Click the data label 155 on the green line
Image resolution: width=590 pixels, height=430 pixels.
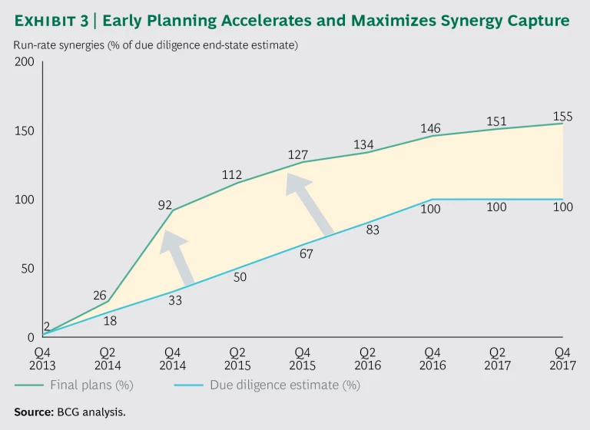coord(563,116)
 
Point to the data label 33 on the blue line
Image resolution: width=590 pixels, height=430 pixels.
coord(175,301)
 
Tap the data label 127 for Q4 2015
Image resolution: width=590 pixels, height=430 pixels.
coord(298,154)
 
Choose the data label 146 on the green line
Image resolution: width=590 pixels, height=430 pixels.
coord(432,129)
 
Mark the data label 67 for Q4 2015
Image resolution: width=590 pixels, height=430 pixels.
coord(306,253)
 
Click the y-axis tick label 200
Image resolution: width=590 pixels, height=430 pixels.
coord(25,61)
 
